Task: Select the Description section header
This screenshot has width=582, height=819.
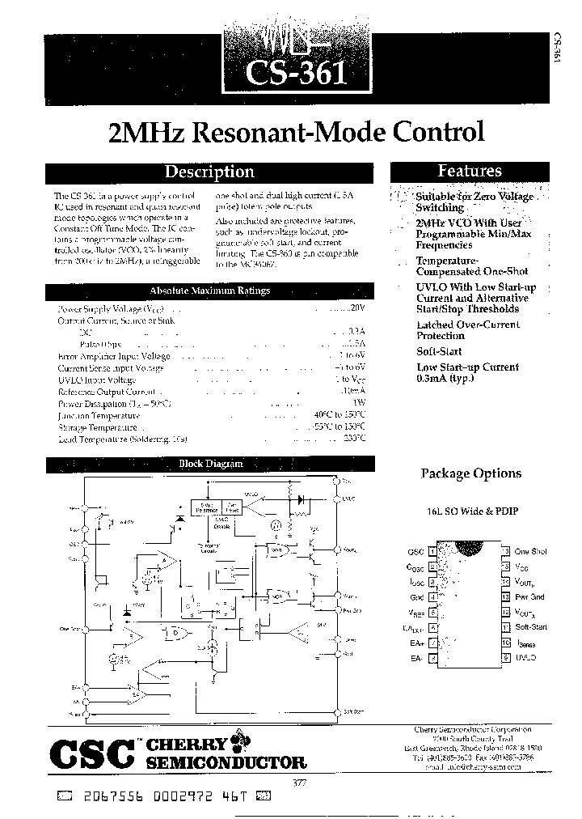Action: tap(209, 172)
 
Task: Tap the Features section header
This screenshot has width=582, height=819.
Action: tap(470, 171)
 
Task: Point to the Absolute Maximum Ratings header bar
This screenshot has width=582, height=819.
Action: tap(210, 291)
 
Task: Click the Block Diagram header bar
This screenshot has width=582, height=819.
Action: tap(210, 464)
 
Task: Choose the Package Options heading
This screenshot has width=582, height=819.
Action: tap(471, 473)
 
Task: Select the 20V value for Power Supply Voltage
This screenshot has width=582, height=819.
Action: tap(359, 308)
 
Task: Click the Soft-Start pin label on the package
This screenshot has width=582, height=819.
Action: tap(530, 627)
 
